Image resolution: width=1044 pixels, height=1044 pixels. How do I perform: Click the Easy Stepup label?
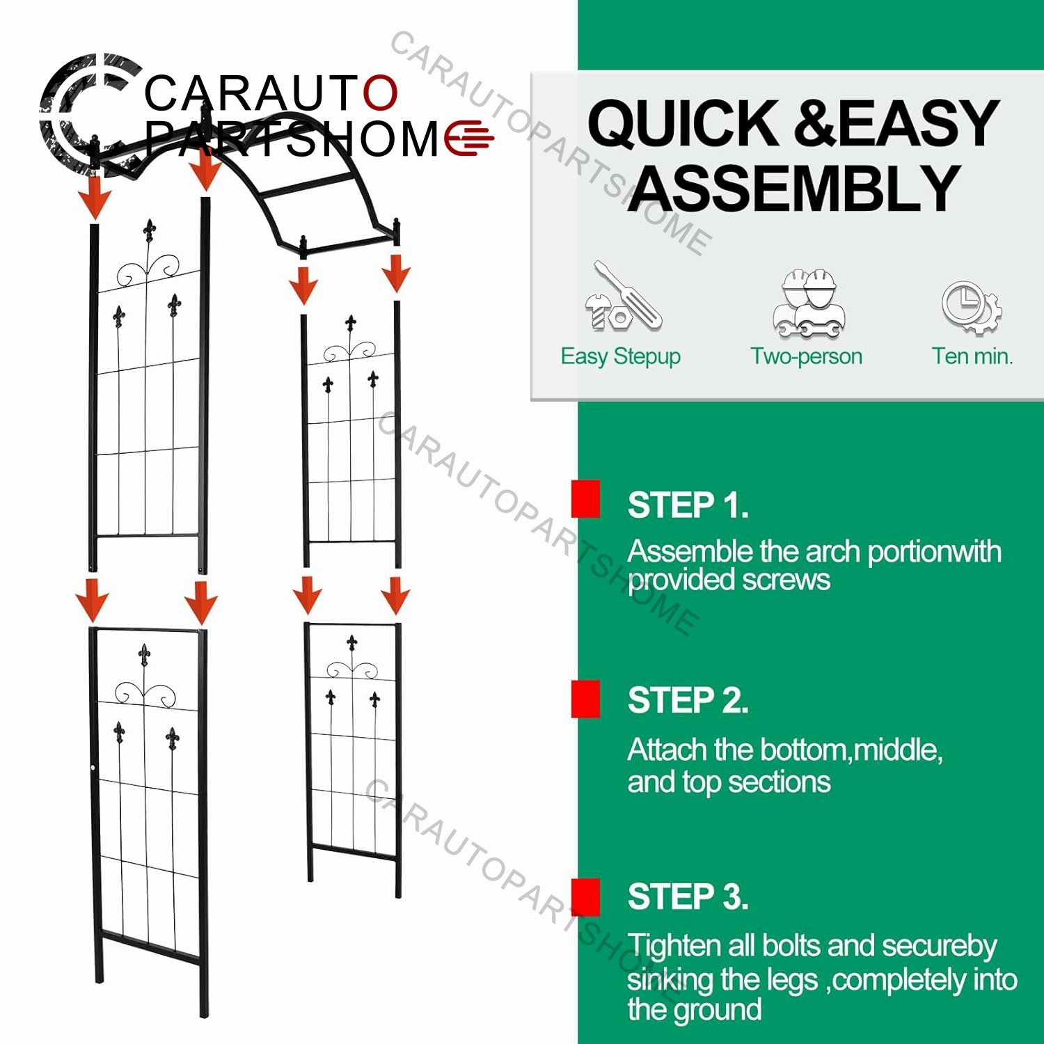pos(621,356)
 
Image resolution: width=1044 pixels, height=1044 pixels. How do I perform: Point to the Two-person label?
pos(806,356)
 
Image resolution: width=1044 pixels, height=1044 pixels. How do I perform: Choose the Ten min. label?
pos(972,356)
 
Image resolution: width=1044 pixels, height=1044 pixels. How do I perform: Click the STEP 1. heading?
pos(688,505)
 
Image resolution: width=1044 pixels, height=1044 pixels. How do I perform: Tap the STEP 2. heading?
pos(688,700)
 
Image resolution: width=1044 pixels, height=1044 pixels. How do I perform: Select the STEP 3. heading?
pos(688,896)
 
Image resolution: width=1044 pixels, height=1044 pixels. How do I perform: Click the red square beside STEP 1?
pos(586,498)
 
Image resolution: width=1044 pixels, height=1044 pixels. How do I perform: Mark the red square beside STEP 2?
pos(586,699)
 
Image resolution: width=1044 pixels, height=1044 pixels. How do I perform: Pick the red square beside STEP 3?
pos(586,897)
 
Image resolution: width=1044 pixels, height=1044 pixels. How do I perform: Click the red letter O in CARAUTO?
pos(380,93)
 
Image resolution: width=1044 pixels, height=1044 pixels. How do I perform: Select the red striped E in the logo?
pos(469,137)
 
